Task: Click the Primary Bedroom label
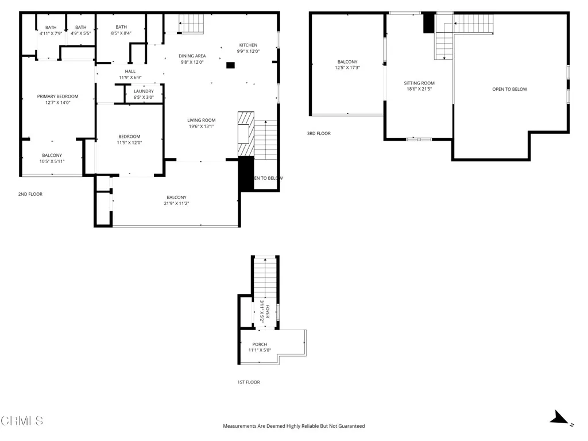57,96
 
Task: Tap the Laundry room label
144,91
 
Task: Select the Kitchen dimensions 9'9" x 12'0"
248,52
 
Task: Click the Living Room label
201,120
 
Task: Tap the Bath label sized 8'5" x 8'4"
121,27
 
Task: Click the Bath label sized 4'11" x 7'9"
51,27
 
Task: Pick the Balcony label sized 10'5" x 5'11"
52,155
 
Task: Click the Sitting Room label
419,83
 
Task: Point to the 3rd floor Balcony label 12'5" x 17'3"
347,62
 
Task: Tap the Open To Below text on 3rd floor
509,89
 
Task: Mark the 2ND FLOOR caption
30,194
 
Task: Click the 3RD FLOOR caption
319,133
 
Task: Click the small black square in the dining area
230,65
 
